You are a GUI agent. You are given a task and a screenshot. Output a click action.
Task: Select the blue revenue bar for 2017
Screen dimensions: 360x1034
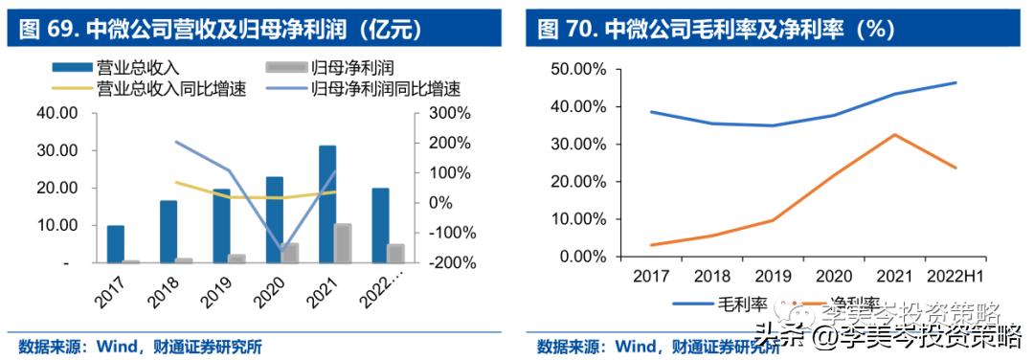(115, 243)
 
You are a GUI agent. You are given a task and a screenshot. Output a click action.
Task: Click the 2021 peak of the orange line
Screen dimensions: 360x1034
(892, 134)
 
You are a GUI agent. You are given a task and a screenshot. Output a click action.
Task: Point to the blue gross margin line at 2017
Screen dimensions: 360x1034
(651, 112)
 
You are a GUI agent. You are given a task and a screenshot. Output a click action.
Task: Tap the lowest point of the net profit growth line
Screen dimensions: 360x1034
(282, 251)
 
